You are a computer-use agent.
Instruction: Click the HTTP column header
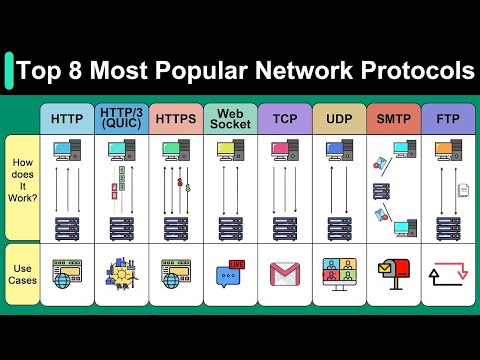tap(67, 119)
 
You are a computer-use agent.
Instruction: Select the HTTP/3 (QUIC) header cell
tap(122, 119)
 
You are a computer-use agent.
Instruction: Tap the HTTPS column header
tap(176, 119)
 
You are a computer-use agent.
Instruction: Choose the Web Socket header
tap(230, 119)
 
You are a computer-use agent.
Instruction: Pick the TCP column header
tap(285, 119)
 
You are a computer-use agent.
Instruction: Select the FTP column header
tap(447, 119)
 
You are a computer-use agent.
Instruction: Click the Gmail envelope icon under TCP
tap(285, 272)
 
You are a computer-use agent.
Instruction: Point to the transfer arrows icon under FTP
tap(446, 273)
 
